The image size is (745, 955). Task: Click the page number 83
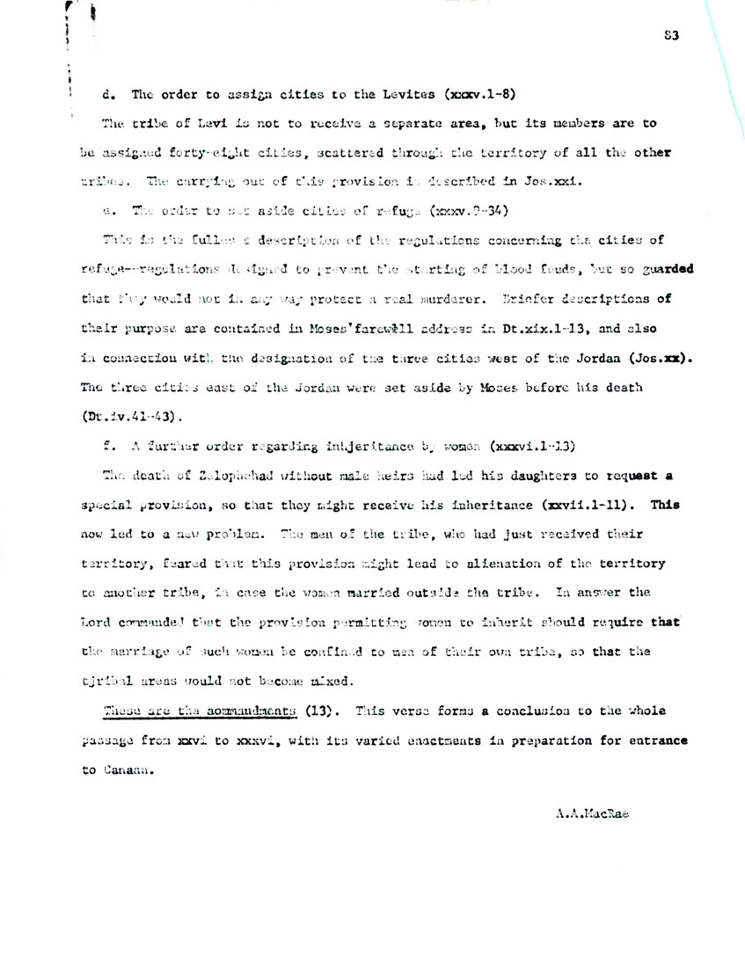tap(672, 36)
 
